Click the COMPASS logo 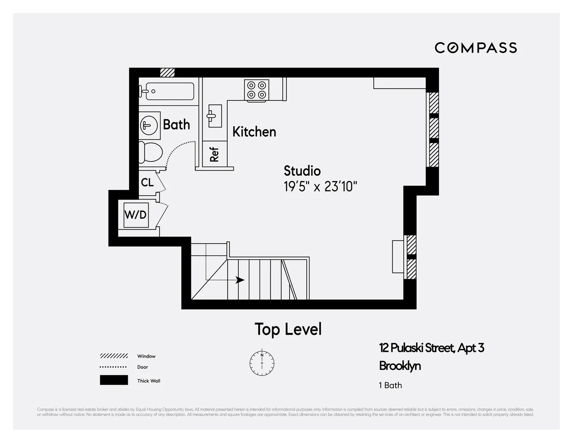tap(476, 48)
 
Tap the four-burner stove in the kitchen tap(257, 90)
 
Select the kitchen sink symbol tap(214, 116)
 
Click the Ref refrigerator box tap(214, 154)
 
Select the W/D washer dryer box tap(135, 215)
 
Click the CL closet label tap(147, 182)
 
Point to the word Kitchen tap(254, 132)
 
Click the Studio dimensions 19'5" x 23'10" tap(320, 187)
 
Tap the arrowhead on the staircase tap(240, 280)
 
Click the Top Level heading tap(288, 329)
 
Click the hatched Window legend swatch tap(114, 356)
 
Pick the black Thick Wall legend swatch tap(114, 380)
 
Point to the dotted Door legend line tap(114, 367)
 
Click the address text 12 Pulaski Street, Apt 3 tap(432, 348)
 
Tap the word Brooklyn tap(400, 366)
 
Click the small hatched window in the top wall tap(167, 72)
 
